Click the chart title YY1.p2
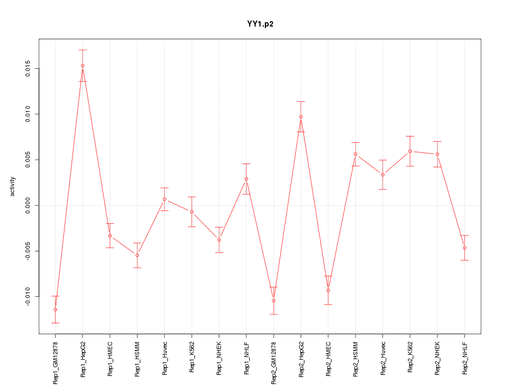click(x=260, y=24)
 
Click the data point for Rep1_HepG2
click(x=82, y=66)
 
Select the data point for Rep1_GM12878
click(x=55, y=310)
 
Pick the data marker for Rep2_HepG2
click(x=301, y=117)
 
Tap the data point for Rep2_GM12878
click(x=274, y=301)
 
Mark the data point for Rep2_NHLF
click(x=464, y=248)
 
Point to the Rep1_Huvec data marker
click(x=164, y=199)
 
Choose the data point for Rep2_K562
click(x=410, y=151)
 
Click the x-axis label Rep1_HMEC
click(x=110, y=359)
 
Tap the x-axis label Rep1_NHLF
click(x=246, y=359)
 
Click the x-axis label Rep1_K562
click(x=192, y=359)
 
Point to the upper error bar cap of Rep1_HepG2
click(x=82, y=50)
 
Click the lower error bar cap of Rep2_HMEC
click(x=328, y=304)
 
